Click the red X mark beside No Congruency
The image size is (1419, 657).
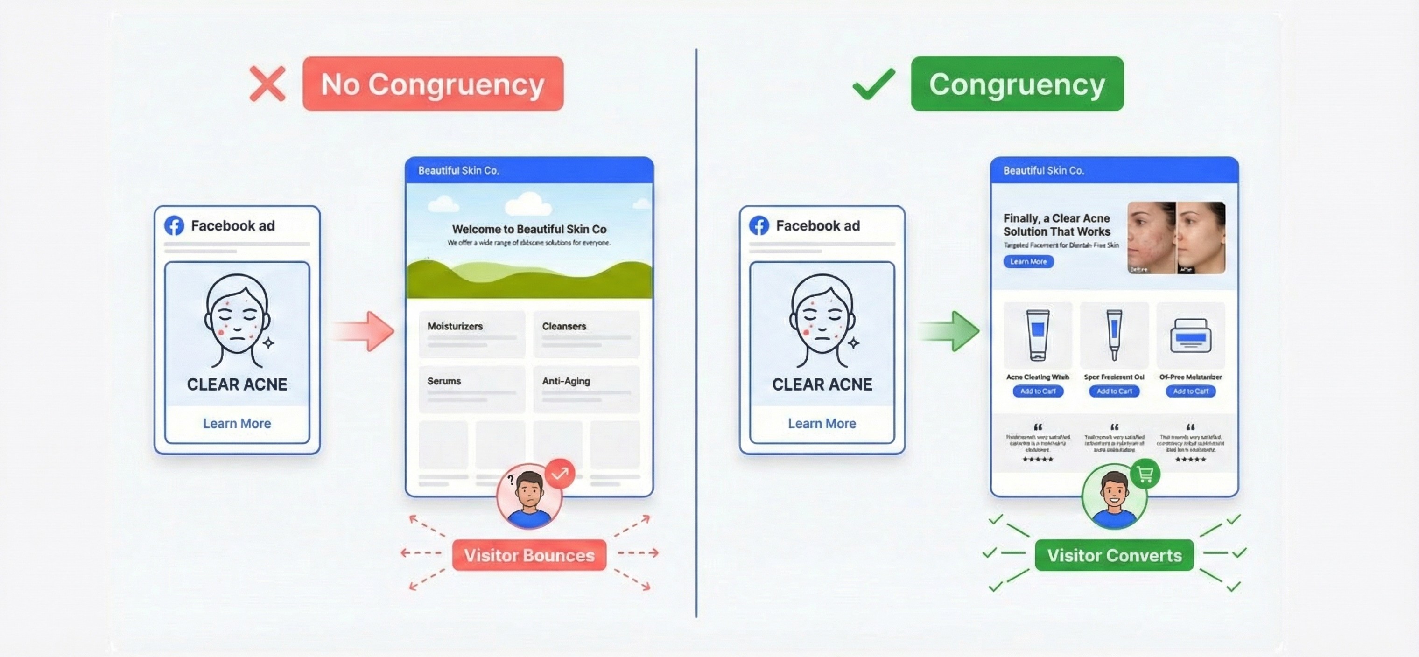click(267, 84)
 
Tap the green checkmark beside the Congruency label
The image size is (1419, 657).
click(874, 84)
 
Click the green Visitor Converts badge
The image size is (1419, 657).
click(1114, 555)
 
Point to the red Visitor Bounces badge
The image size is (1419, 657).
click(529, 555)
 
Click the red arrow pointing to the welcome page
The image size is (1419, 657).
click(364, 331)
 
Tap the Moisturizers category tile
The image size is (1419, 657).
click(471, 334)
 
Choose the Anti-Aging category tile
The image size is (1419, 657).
click(586, 389)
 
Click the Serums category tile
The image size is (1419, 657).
click(471, 389)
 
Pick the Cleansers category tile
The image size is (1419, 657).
click(586, 334)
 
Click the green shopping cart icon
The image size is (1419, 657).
click(1145, 474)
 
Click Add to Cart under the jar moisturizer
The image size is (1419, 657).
click(1190, 391)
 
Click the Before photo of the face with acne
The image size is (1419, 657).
click(1151, 238)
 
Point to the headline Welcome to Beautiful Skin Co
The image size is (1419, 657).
click(529, 229)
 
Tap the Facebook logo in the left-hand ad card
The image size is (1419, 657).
click(174, 226)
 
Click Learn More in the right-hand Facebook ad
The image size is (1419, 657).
click(822, 424)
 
